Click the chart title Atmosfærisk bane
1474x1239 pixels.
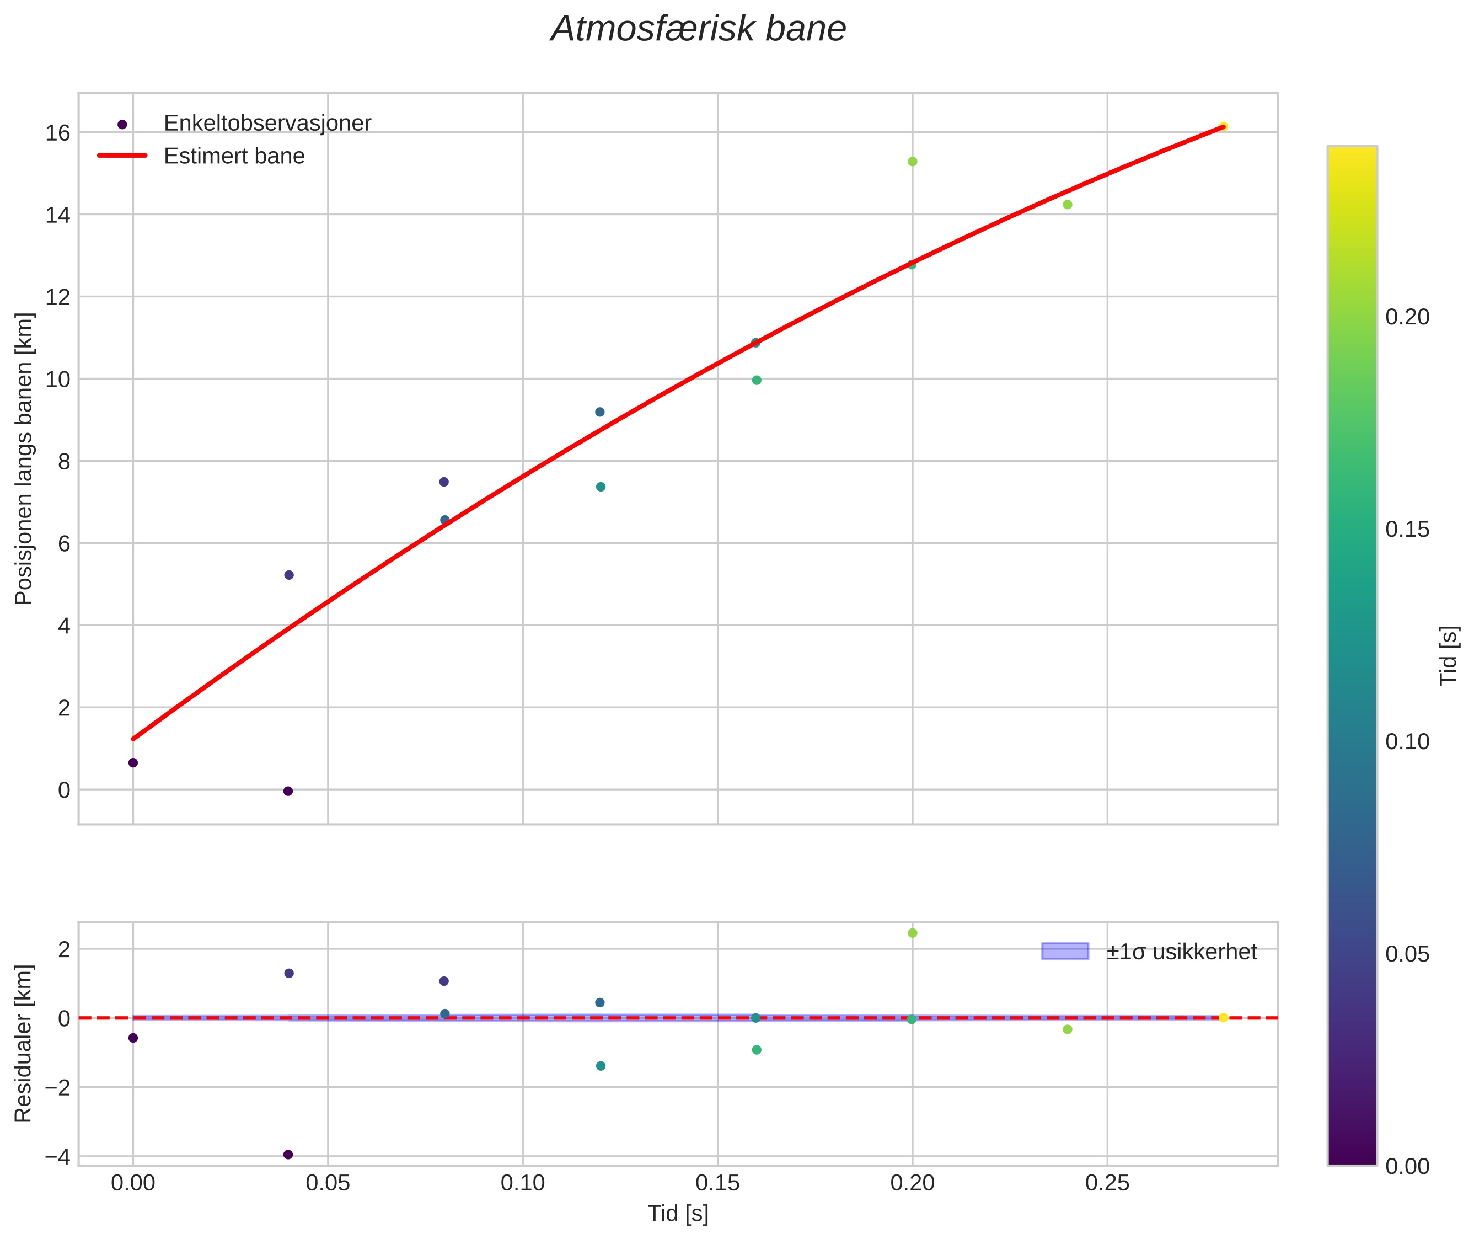click(698, 29)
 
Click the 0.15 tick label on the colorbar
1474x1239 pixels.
click(1407, 530)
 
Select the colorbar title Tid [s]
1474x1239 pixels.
click(1449, 655)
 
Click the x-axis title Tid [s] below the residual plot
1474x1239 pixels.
click(678, 1214)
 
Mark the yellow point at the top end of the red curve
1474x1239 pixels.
click(1223, 126)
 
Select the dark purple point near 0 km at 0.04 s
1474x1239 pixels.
click(288, 791)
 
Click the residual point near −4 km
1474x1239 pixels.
click(288, 1154)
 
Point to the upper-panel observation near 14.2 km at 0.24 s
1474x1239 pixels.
click(1068, 205)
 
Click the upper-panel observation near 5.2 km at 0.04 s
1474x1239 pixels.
click(288, 575)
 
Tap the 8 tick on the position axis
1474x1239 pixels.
click(64, 462)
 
